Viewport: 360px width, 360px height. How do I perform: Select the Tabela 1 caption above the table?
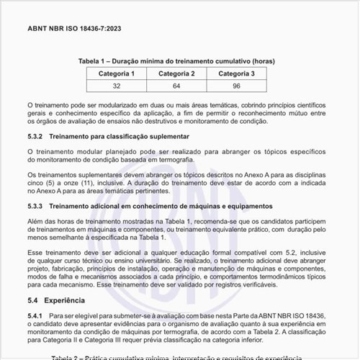[x=176, y=61]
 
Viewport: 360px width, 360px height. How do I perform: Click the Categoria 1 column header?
[x=117, y=73]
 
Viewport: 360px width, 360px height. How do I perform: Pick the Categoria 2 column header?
[x=176, y=73]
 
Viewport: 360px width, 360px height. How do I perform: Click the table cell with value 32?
[x=117, y=86]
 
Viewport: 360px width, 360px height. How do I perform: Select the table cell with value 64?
[x=176, y=86]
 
